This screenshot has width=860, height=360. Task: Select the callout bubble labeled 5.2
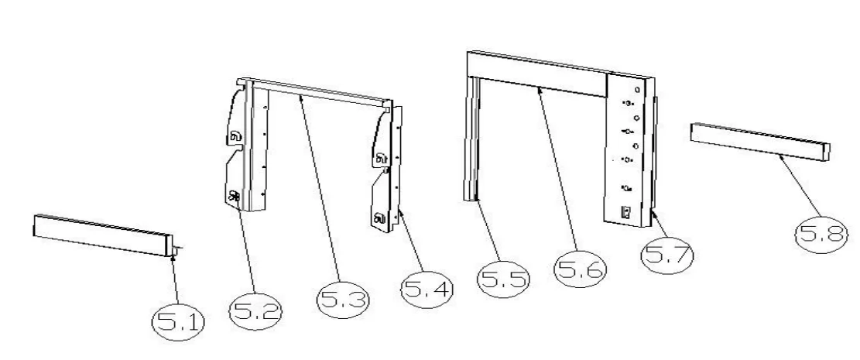click(255, 311)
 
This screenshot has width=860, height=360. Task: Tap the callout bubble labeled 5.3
click(344, 300)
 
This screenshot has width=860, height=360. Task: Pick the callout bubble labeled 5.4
click(427, 290)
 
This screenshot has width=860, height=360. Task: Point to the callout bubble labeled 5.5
click(504, 279)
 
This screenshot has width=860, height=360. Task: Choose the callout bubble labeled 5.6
click(581, 269)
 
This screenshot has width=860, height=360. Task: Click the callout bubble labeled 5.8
click(821, 235)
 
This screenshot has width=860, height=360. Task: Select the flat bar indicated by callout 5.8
click(760, 142)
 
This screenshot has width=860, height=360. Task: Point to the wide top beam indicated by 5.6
click(537, 74)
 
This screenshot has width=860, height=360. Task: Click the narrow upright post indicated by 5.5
click(472, 139)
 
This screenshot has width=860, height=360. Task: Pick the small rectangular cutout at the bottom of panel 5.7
click(625, 211)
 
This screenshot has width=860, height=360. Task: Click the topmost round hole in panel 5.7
click(637, 90)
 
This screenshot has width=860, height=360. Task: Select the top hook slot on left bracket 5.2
click(235, 136)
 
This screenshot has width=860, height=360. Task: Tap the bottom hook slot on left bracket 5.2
click(235, 195)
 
